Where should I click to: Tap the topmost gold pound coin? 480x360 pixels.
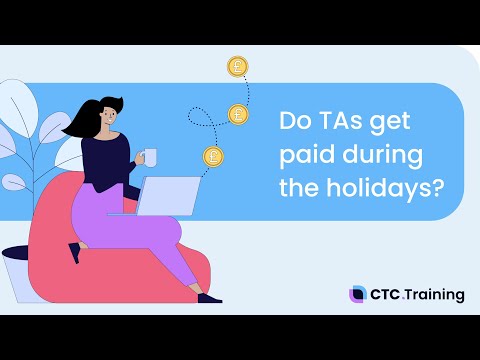[x=238, y=67]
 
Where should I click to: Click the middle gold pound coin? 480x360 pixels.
[x=238, y=114]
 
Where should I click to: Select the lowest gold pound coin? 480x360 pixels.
[x=213, y=156]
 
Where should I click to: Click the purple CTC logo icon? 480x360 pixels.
[x=357, y=294]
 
